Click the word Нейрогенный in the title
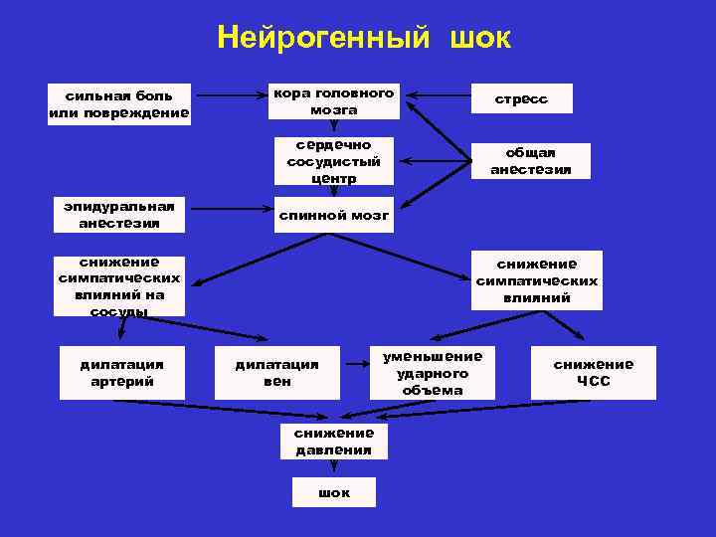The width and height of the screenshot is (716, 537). (x=324, y=39)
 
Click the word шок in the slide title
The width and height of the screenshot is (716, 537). (x=480, y=39)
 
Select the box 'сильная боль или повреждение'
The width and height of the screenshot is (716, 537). (x=119, y=103)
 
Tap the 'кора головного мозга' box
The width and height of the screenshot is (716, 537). (x=334, y=100)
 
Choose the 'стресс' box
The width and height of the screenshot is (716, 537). (x=522, y=98)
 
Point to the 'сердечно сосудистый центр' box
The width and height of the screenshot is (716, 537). (x=334, y=161)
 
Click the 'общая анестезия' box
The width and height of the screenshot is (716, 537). (x=531, y=161)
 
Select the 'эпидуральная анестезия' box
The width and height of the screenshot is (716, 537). (x=119, y=215)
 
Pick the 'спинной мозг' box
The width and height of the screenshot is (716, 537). (x=334, y=214)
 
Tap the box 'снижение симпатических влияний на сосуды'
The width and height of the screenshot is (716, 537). (x=119, y=286)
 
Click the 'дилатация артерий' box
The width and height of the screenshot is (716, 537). (x=122, y=372)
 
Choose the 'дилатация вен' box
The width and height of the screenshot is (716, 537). (x=277, y=372)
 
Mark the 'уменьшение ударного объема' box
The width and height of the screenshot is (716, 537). (x=433, y=372)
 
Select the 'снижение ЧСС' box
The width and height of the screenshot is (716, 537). (x=594, y=372)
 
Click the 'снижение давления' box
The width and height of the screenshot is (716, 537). (x=334, y=441)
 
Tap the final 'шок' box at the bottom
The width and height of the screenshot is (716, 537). (x=334, y=492)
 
